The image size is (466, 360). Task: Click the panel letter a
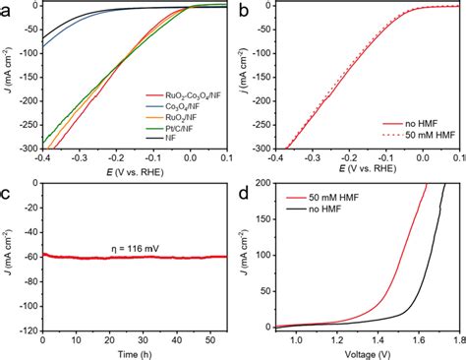pos(7,11)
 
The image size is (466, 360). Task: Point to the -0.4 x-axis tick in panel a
pos(42,157)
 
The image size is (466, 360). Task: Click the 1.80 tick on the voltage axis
pos(457,338)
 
